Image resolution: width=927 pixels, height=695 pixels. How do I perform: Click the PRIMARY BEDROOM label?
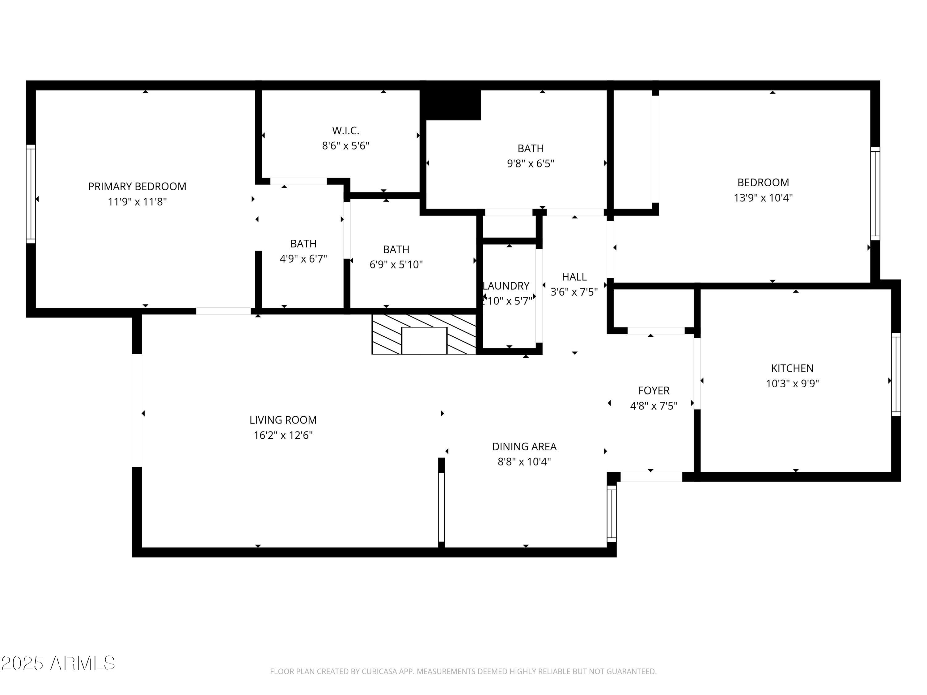[137, 187]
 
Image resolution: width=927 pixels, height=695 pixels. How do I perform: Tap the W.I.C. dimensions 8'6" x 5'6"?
[345, 146]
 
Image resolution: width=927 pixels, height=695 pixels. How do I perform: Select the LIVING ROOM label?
[283, 420]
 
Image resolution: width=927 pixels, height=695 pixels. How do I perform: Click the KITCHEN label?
[792, 368]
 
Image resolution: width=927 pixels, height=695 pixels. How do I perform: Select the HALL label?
[574, 276]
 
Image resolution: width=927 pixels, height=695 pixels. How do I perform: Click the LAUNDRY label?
[506, 286]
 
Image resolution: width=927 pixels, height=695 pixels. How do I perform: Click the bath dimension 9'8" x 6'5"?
[531, 163]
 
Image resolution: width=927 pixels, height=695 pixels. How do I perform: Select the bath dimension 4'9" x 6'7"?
[303, 259]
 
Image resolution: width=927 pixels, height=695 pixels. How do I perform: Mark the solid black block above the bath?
[451, 105]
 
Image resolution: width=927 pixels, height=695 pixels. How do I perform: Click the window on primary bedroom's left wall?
[31, 194]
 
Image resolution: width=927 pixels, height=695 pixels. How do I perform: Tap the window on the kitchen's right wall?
[895, 374]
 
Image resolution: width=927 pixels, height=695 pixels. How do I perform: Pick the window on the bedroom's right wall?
[875, 194]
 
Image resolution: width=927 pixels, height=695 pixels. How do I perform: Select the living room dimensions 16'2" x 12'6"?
[283, 435]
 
